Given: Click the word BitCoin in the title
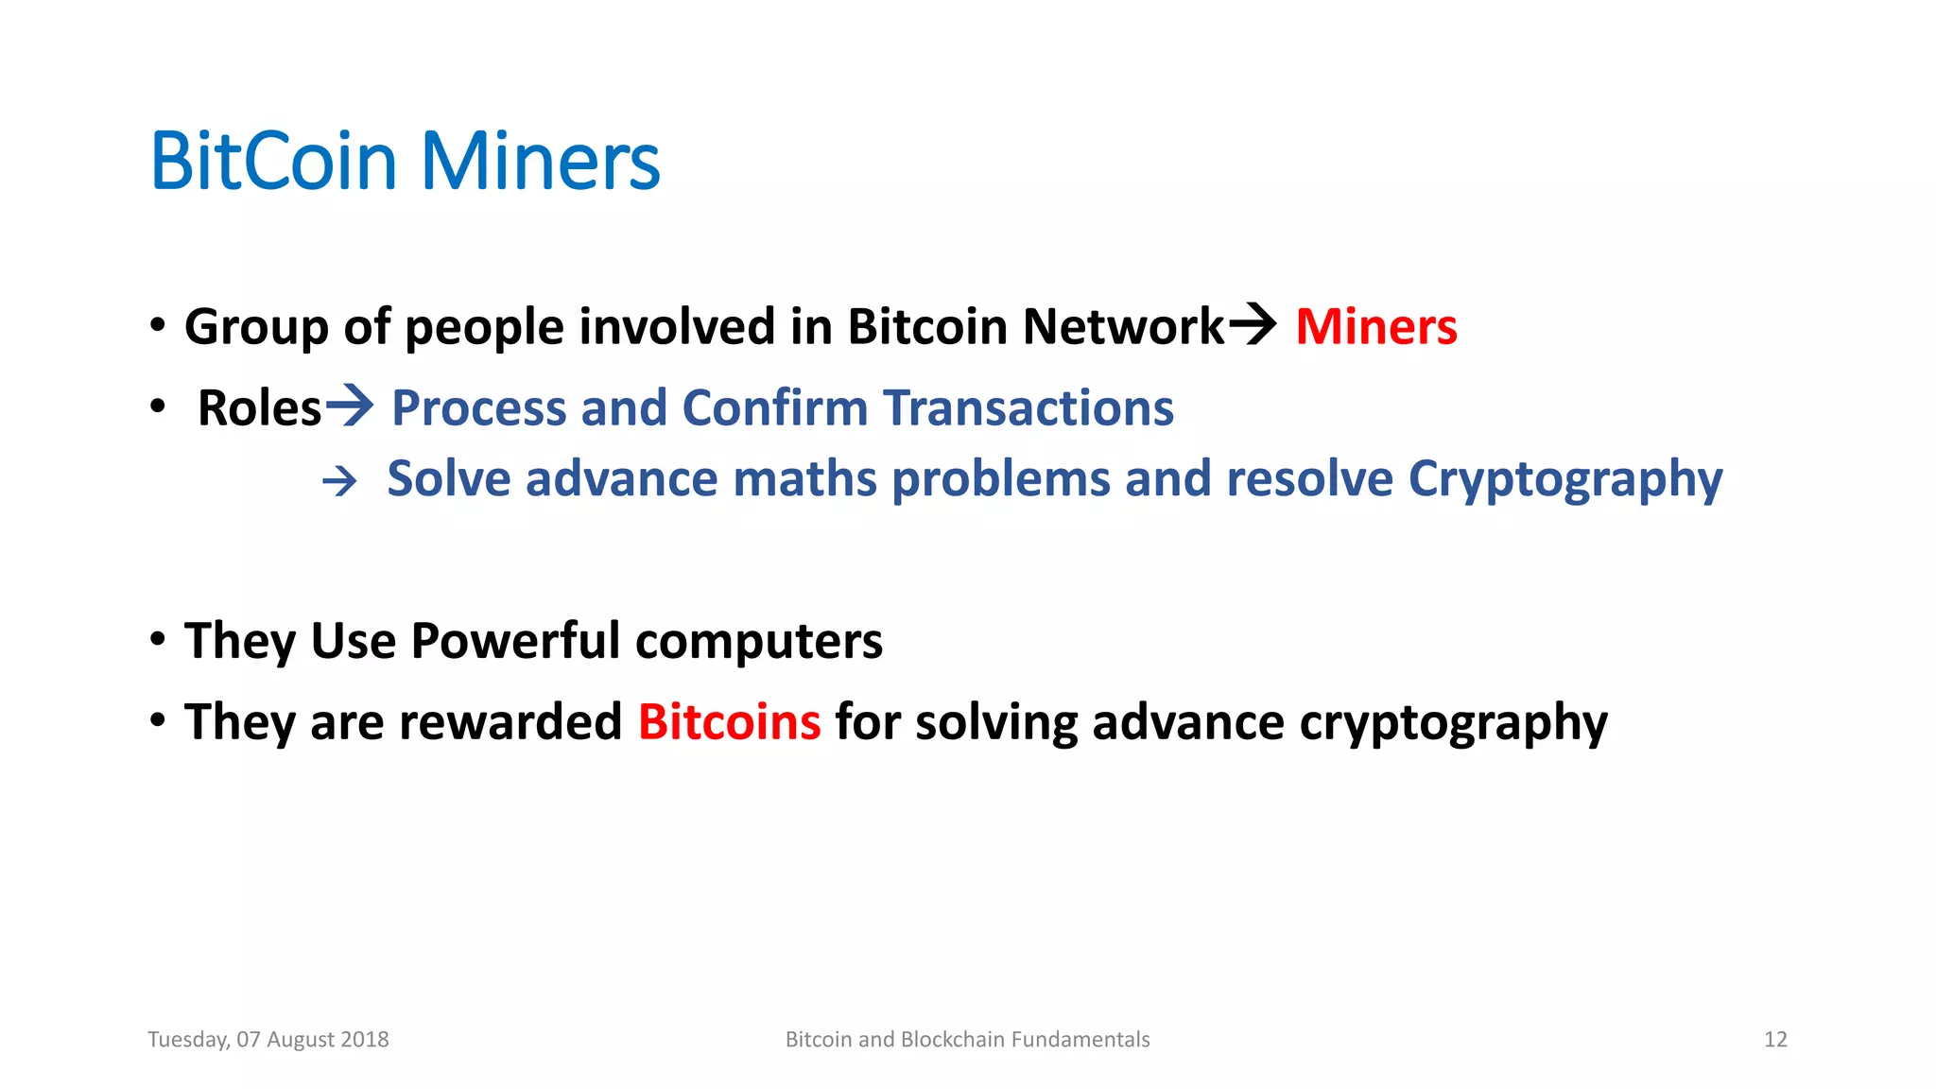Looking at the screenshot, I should click(273, 162).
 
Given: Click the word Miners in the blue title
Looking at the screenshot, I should click(540, 162).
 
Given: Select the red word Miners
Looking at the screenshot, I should click(1375, 327).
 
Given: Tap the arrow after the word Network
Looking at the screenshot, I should click(1253, 325).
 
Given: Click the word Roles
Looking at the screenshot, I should click(259, 408).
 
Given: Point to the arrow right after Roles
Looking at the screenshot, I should click(349, 406).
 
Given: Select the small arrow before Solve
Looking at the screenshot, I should click(339, 481).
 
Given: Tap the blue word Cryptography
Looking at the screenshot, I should click(1564, 480).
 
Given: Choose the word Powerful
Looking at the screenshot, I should click(515, 641).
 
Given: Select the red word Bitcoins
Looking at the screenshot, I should click(729, 722).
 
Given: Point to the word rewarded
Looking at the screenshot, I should click(510, 722).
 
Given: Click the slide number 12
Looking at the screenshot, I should click(1775, 1040).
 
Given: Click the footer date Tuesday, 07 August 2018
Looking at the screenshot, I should click(268, 1040).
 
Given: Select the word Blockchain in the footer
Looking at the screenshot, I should click(952, 1040).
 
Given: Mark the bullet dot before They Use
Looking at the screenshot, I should click(158, 640).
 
